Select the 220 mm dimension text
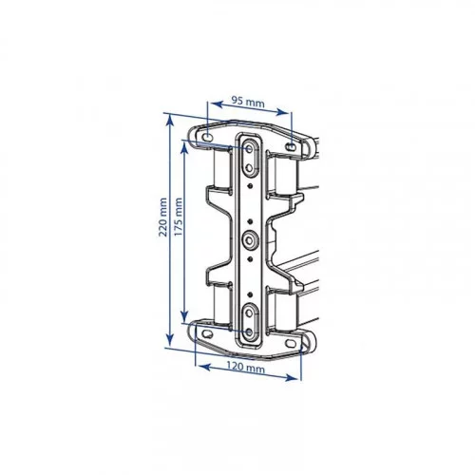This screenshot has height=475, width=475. pos(162,218)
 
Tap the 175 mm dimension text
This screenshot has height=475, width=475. pos(179,217)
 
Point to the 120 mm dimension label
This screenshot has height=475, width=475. pos(245,367)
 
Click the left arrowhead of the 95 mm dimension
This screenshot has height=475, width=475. pos(216,104)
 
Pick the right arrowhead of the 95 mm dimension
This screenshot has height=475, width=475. pos(282,111)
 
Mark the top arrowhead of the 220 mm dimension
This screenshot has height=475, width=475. pos(170,120)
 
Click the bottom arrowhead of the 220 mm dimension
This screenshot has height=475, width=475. pos(170,341)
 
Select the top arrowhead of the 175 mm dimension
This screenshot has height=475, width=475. pos(184,146)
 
